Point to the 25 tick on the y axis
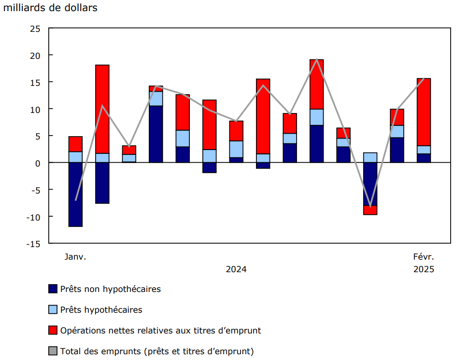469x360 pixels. (x=35, y=28)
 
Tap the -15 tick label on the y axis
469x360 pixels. (x=32, y=244)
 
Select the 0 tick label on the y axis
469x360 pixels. (x=37, y=163)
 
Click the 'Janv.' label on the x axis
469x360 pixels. (x=75, y=257)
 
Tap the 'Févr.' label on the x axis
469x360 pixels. (x=424, y=257)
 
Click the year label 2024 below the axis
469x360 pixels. (x=236, y=269)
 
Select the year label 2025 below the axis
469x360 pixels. (x=424, y=269)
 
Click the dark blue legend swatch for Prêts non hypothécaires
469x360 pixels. (x=53, y=289)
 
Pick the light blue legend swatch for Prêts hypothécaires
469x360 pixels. (x=53, y=310)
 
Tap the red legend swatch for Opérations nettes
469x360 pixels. (x=53, y=331)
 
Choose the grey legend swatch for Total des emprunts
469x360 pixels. (x=53, y=351)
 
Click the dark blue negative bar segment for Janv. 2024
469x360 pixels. (x=75, y=194)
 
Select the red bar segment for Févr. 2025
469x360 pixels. (x=424, y=112)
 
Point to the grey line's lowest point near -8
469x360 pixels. (x=370, y=207)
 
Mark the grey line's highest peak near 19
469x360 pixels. (x=316, y=59)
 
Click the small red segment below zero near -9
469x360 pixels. (x=370, y=210)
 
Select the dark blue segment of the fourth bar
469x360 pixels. (x=156, y=134)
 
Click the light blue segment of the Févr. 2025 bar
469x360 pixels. (x=424, y=150)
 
